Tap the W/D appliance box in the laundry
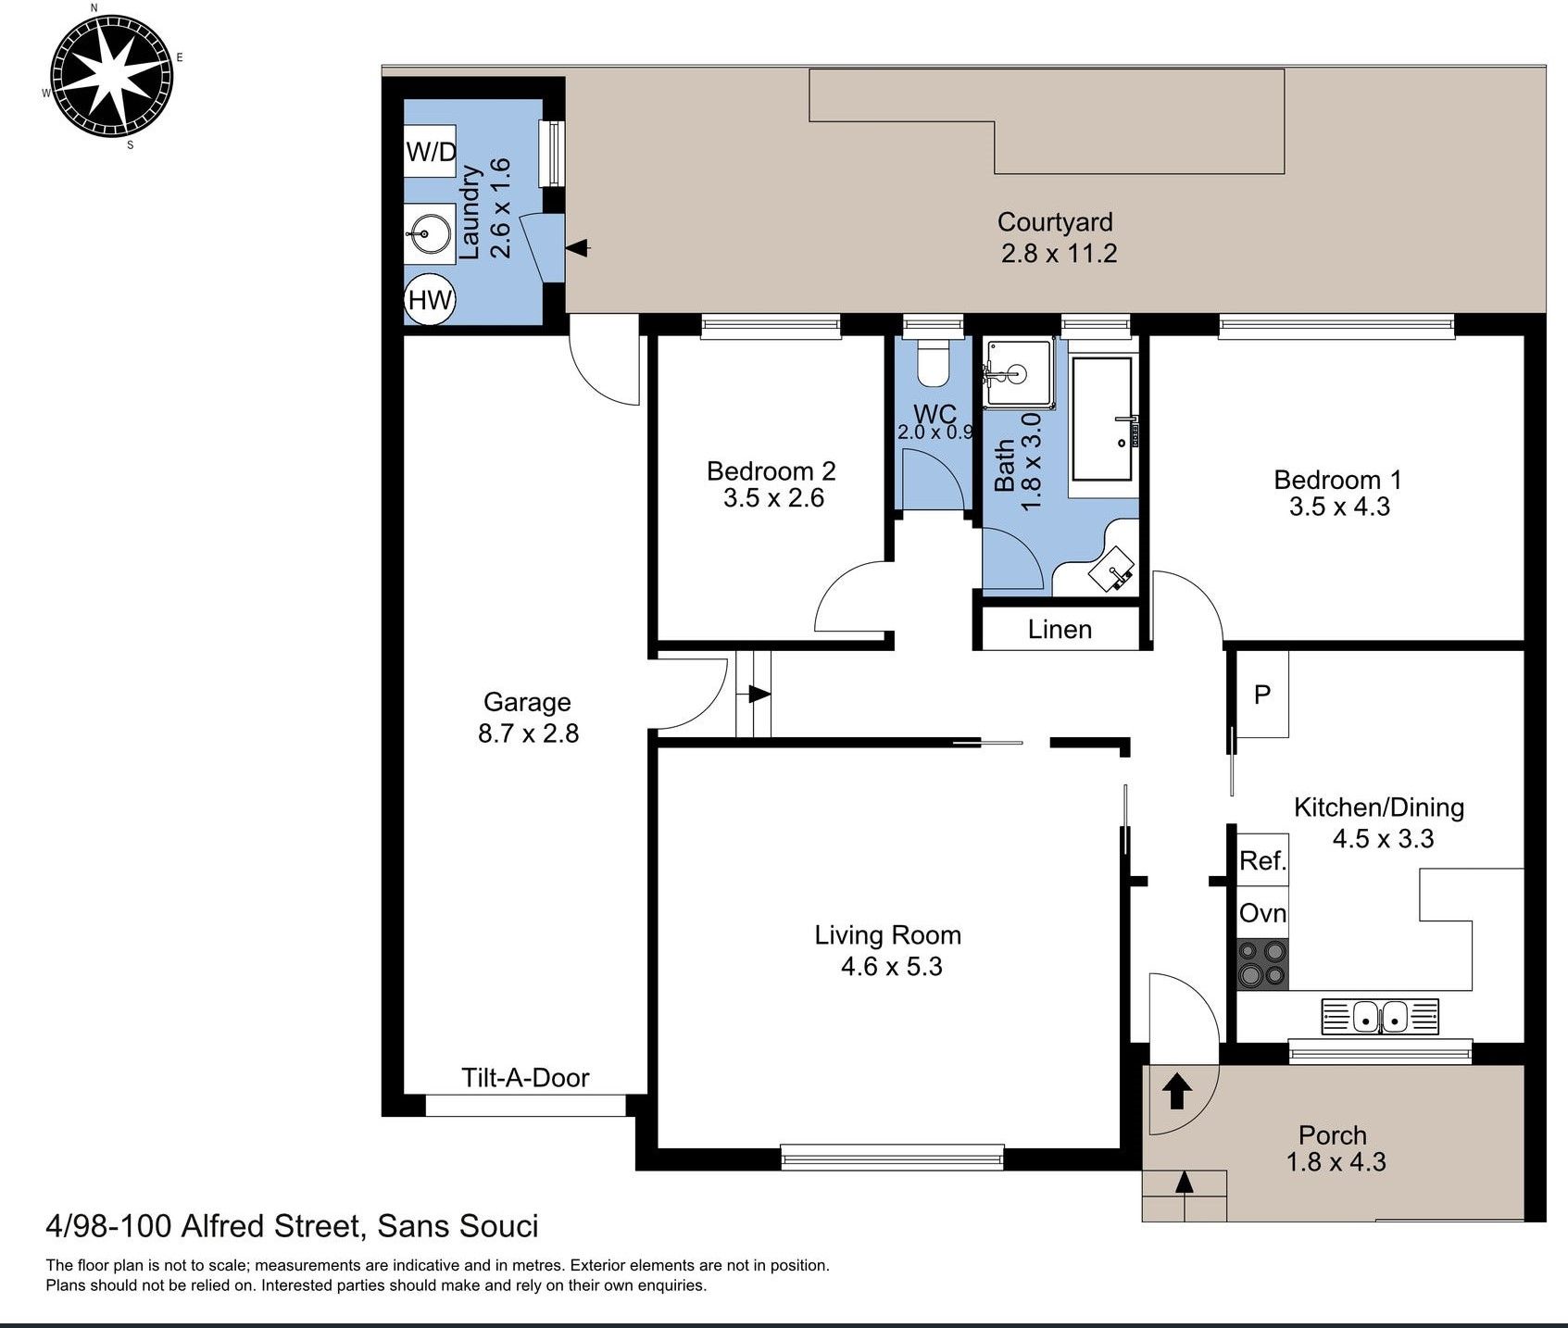click(x=431, y=151)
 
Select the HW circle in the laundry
click(x=430, y=299)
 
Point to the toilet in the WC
click(x=933, y=362)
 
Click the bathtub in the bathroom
click(x=1102, y=419)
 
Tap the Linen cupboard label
click(x=1060, y=630)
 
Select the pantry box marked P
click(x=1262, y=694)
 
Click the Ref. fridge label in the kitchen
click(x=1262, y=861)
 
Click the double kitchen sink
click(x=1381, y=1016)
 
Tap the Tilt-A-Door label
click(x=525, y=1077)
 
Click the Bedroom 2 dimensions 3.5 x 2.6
click(x=773, y=498)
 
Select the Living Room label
click(x=887, y=935)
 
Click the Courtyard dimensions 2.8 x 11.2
click(x=1059, y=253)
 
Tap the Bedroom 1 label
click(x=1337, y=480)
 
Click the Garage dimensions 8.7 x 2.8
click(x=528, y=733)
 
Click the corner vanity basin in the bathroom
click(x=1111, y=567)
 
